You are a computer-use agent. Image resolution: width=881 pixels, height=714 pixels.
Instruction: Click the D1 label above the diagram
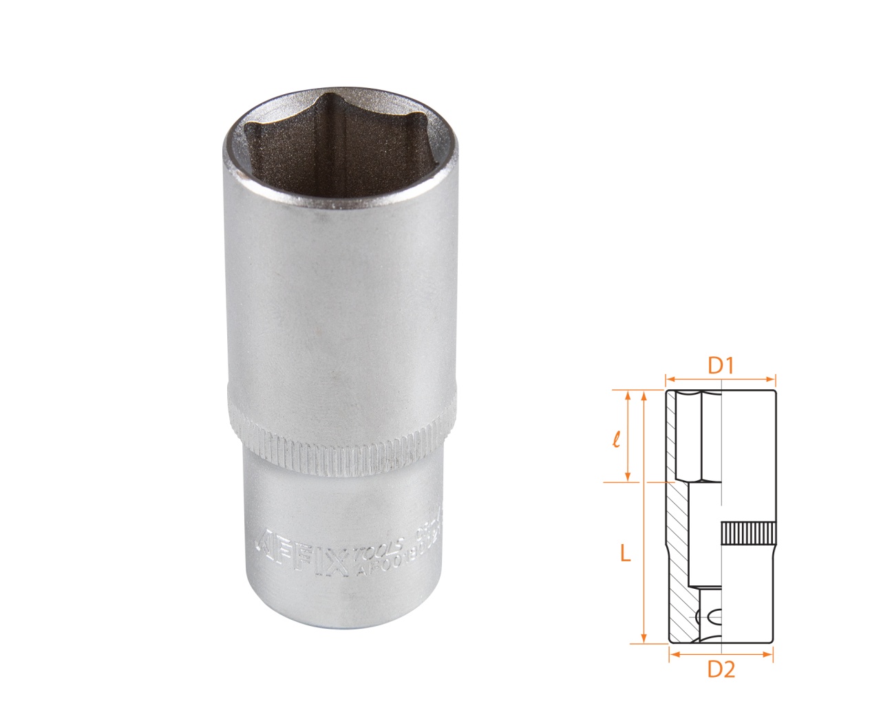point(721,366)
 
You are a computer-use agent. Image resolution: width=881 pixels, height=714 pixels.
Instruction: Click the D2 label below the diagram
point(721,669)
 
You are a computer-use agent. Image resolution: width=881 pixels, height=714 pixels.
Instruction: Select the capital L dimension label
point(625,553)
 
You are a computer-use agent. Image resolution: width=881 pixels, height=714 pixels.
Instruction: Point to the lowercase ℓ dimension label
point(617,438)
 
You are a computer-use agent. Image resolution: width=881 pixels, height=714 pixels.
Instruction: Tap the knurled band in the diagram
point(748,533)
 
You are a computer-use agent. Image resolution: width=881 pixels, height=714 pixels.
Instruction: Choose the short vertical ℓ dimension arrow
point(627,436)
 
